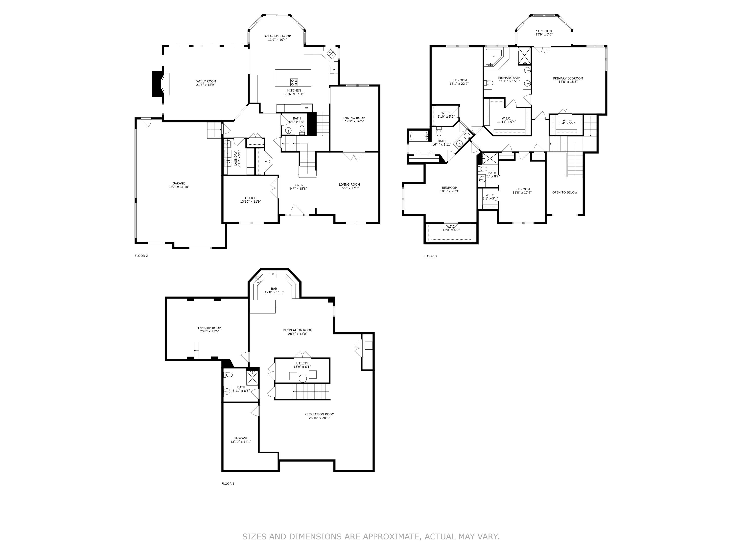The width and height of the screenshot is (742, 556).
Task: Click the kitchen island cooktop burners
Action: point(294,82)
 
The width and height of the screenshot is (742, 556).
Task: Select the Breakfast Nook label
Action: point(277,36)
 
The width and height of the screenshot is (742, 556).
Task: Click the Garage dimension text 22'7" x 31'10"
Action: point(179,187)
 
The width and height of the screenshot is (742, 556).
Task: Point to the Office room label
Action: point(250,198)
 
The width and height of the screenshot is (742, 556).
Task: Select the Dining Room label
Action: point(354,118)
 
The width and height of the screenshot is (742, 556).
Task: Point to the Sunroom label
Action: point(544,31)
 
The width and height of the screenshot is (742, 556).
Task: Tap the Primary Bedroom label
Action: point(568,78)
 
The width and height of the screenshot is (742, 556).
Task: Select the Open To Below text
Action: point(565,192)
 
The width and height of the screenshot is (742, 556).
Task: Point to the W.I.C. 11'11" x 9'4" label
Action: point(506,118)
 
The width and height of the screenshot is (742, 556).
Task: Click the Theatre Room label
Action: point(209,328)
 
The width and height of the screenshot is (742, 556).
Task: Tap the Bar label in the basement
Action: point(274,289)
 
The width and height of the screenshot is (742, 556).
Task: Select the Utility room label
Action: point(302,363)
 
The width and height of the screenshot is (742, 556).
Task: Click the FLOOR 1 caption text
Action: point(228,484)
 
